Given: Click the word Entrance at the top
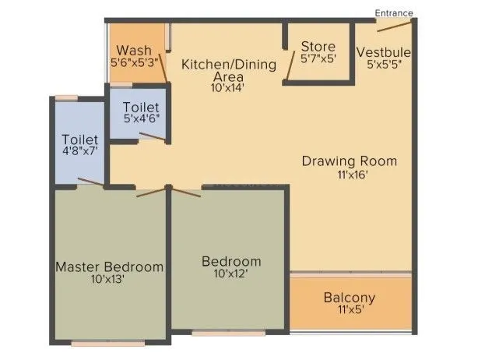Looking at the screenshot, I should coord(393,12).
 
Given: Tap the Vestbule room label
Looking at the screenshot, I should coord(384,52).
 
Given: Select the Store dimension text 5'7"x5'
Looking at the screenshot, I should coord(319,58).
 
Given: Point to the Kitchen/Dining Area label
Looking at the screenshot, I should coord(228,70).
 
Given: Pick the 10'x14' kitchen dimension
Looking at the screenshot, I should coord(227,88).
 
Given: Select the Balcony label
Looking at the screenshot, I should coord(350,298).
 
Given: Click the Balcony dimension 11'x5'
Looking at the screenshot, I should coord(350,309).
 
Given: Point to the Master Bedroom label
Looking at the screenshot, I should coord(110,266).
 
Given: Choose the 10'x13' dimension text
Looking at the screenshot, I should coord(107,278).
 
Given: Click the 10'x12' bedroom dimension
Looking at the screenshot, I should coord(231,273).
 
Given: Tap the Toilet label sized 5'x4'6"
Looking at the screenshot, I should coord(142,107).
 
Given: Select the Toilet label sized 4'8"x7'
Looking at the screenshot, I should coord(81,140).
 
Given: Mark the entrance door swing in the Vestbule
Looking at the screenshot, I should coord(389,25).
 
